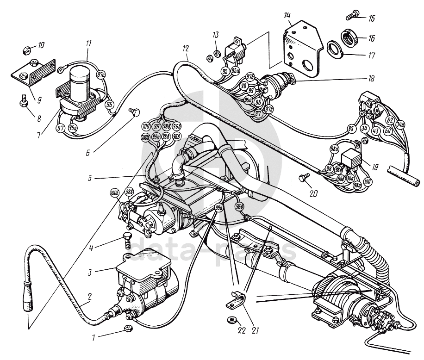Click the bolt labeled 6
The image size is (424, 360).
pyautogui.click(x=134, y=111)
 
